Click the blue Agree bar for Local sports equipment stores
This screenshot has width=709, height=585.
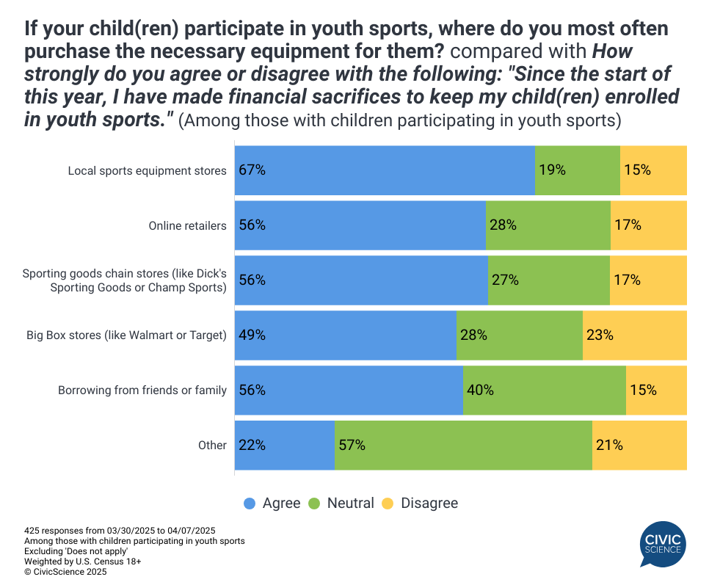click(385, 170)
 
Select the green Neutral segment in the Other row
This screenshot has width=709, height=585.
click(463, 445)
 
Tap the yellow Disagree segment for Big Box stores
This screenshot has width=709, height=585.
click(635, 335)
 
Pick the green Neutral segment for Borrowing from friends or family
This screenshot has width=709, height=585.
click(545, 390)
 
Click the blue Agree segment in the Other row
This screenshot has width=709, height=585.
click(285, 445)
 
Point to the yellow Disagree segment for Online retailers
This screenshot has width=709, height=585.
click(649, 225)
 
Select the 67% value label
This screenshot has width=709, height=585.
click(252, 170)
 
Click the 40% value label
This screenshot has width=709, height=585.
click(480, 390)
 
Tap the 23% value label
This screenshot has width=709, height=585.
click(599, 335)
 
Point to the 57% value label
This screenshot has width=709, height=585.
click(352, 445)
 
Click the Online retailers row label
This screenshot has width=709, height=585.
click(188, 225)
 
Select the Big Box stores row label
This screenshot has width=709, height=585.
click(127, 335)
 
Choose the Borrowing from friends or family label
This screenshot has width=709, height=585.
click(142, 390)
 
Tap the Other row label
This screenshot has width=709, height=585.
click(212, 445)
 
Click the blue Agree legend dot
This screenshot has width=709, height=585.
click(250, 504)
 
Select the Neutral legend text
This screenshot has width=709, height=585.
click(350, 504)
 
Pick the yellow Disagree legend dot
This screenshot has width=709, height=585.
click(388, 504)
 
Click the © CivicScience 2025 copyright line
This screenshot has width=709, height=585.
click(65, 571)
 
